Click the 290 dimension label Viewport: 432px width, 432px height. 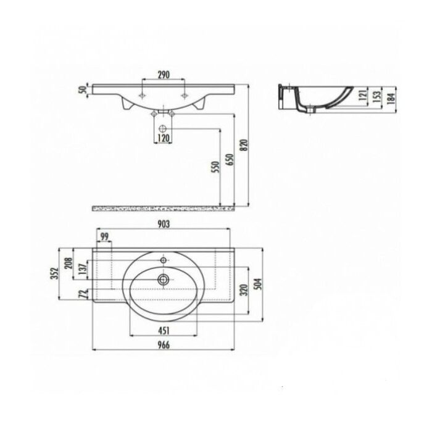pos(164,75)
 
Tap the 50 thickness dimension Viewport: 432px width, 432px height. pos(82,90)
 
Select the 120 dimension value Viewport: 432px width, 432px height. pos(164,138)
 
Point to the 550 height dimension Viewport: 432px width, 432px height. pos(215,167)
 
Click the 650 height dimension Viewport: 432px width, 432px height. pos(230,159)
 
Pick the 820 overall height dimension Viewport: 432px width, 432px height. pos(244,145)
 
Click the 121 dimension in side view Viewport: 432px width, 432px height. pos(363,94)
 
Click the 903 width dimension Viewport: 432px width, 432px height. pos(164,224)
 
